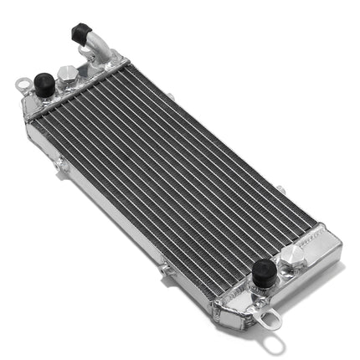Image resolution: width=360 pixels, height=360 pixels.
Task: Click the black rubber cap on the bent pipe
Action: pyautogui.click(x=81, y=33)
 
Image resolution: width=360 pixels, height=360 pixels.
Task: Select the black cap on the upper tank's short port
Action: pyautogui.click(x=44, y=83)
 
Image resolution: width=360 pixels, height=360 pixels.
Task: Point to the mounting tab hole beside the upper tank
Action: pyautogui.click(x=24, y=84)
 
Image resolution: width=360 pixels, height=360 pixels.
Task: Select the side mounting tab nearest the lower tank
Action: pyautogui.click(x=165, y=270)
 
